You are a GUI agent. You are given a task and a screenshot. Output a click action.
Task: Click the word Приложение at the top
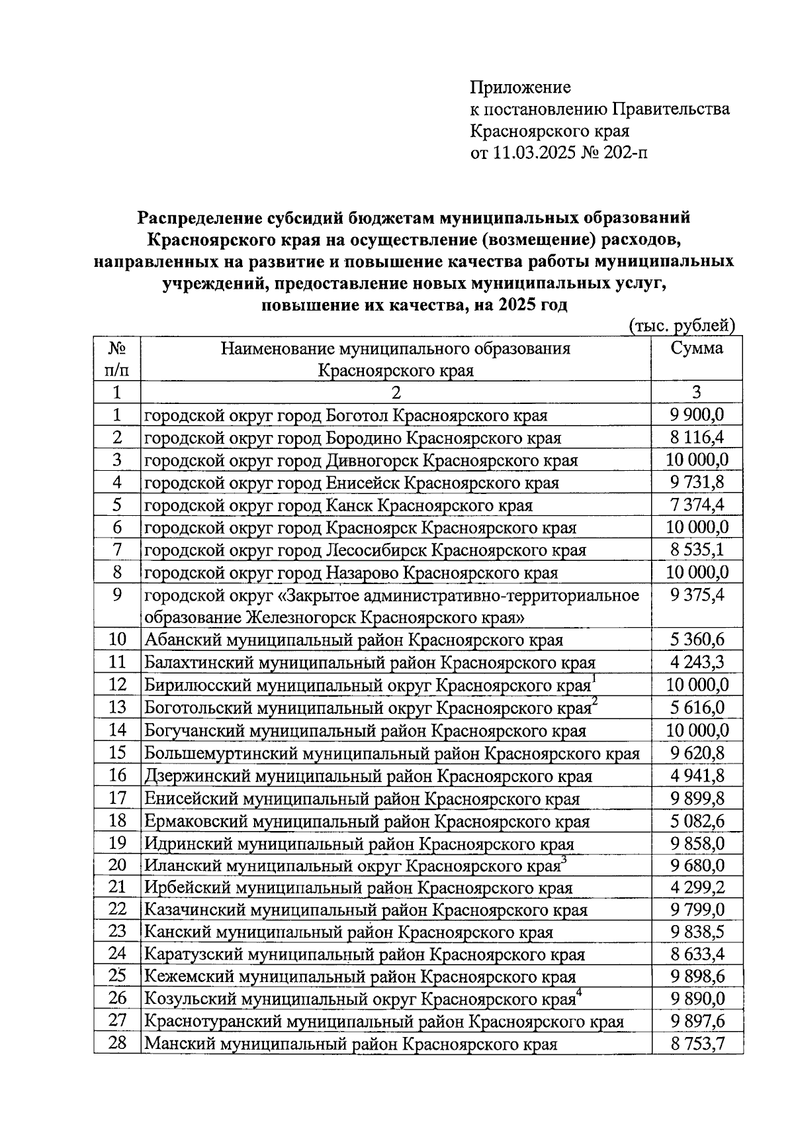[x=520, y=87]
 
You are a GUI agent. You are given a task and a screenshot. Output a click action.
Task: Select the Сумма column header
[x=696, y=349]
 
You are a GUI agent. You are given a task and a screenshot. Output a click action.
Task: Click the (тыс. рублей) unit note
[x=682, y=325]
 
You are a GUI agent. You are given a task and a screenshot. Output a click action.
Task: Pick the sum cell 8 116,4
[x=697, y=438]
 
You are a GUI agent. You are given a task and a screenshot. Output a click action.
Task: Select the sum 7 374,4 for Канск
[x=697, y=505]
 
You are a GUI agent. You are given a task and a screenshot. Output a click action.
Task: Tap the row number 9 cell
[x=117, y=595]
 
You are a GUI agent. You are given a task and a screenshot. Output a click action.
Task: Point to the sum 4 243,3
[x=697, y=662]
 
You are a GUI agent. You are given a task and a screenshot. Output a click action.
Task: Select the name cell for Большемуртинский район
[x=392, y=754]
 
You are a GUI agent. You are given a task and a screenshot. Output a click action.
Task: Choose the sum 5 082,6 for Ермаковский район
[x=697, y=821]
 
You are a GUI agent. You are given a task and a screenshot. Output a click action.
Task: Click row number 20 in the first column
[x=117, y=865]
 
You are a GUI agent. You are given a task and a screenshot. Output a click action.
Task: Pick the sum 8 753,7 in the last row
[x=697, y=1045]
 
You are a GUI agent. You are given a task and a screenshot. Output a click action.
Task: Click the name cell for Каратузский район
[x=364, y=955]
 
